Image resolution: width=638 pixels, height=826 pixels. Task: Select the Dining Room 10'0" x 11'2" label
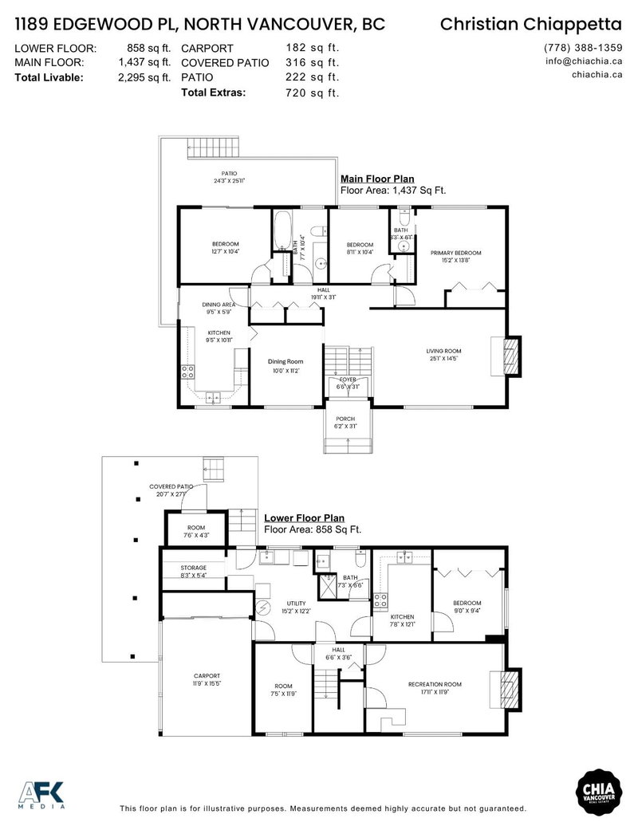click(285, 366)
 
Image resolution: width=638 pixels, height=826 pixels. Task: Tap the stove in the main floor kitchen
click(188, 371)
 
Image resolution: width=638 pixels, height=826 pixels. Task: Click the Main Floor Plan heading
click(377, 179)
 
